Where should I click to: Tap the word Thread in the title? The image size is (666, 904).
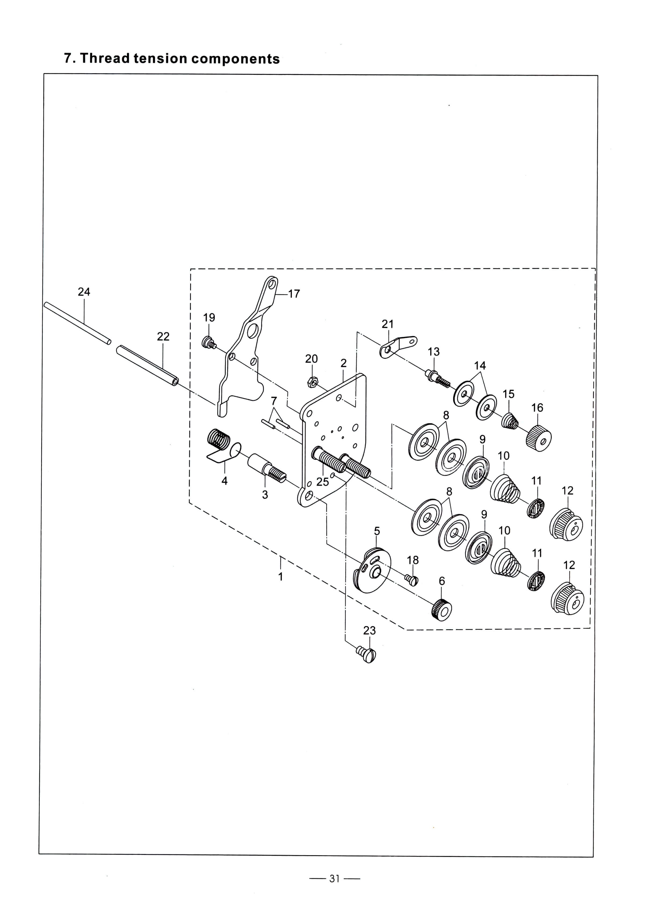point(105,59)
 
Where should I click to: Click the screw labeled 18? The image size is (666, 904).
point(412,580)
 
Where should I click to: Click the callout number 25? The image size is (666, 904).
point(323,482)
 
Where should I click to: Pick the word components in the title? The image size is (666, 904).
point(236,59)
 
